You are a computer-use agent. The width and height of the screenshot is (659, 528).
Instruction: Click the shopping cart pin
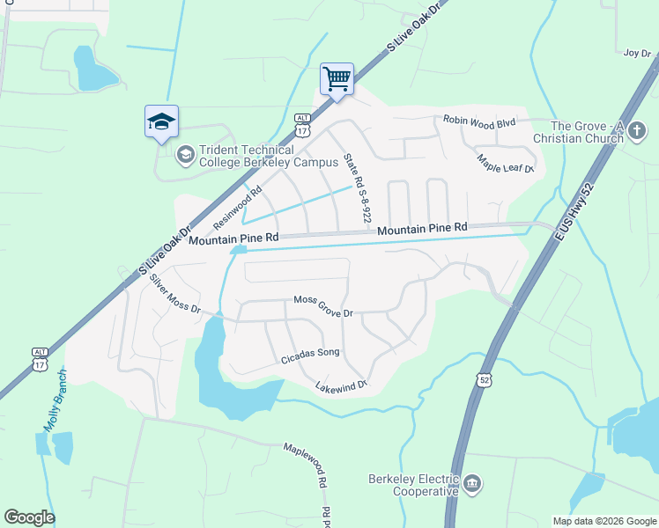(x=337, y=79)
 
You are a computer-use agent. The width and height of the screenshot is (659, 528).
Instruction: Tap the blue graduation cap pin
(x=161, y=121)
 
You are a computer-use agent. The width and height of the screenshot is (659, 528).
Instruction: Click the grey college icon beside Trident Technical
(x=185, y=156)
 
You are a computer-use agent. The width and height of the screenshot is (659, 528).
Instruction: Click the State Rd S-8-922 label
(x=359, y=183)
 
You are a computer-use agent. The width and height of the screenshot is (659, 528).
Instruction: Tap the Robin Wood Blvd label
(x=479, y=122)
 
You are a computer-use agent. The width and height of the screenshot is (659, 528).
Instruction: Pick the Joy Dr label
(x=636, y=53)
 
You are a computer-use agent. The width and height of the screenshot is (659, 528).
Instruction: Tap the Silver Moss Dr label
(x=175, y=296)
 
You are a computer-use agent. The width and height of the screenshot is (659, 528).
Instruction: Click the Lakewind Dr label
(x=340, y=385)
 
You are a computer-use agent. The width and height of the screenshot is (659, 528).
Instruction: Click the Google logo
(x=29, y=517)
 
